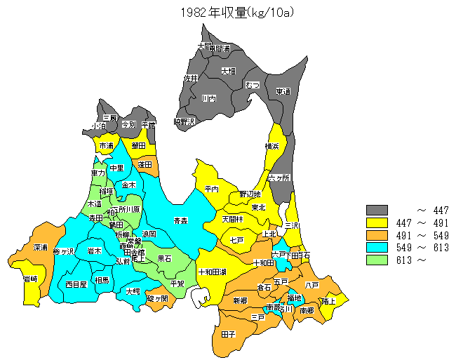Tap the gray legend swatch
point(377,210)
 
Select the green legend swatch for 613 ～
point(377,259)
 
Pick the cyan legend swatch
point(377,247)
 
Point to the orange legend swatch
point(377,234)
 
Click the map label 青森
point(180,220)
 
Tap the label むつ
point(253,85)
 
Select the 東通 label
point(283,91)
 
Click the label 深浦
point(40,248)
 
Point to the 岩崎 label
point(30,279)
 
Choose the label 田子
point(228,334)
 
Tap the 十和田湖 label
point(211,271)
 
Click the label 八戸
point(312,284)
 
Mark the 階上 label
point(328,301)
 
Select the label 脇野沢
point(184,121)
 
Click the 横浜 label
point(272,146)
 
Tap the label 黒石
point(165,258)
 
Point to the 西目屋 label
point(76,284)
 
